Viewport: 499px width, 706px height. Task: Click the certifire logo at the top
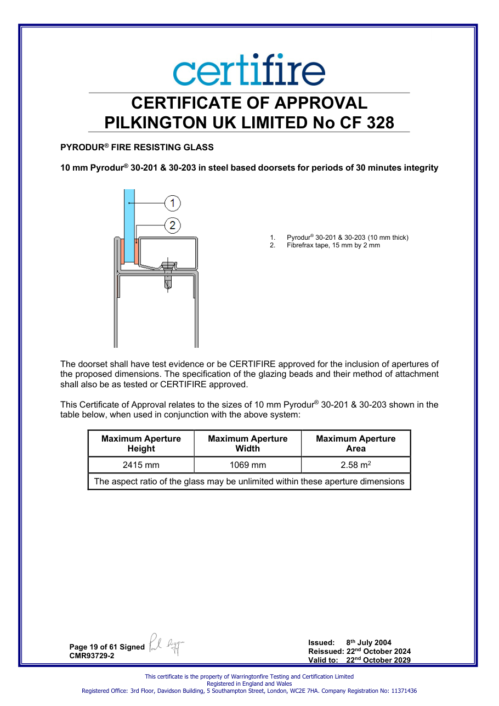click(x=249, y=69)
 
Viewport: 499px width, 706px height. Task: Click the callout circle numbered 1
click(x=173, y=203)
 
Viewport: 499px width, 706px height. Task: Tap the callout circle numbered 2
click(x=173, y=225)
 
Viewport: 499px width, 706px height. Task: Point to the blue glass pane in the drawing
click(x=129, y=225)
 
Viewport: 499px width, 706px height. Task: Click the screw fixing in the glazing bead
click(x=168, y=275)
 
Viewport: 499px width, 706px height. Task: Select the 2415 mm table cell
click(x=141, y=465)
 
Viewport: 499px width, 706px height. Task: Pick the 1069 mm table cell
click(x=248, y=465)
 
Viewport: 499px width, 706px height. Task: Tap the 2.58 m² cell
click(x=356, y=465)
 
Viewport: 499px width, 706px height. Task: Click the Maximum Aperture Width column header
click(x=248, y=443)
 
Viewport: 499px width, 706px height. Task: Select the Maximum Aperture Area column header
click(x=356, y=443)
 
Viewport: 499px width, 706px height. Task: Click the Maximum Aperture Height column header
click(x=141, y=443)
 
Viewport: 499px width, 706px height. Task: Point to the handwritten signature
click(x=166, y=645)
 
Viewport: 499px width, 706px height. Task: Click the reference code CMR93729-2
click(x=92, y=656)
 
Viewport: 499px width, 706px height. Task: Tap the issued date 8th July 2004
click(x=368, y=642)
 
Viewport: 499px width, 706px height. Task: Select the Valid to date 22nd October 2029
click(x=378, y=660)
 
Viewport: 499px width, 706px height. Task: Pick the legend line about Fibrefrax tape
click(x=325, y=245)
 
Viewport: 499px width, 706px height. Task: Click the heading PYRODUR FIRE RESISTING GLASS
click(x=137, y=147)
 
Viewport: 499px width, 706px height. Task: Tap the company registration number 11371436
click(x=404, y=691)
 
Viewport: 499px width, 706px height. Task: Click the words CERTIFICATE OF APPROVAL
click(x=249, y=103)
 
